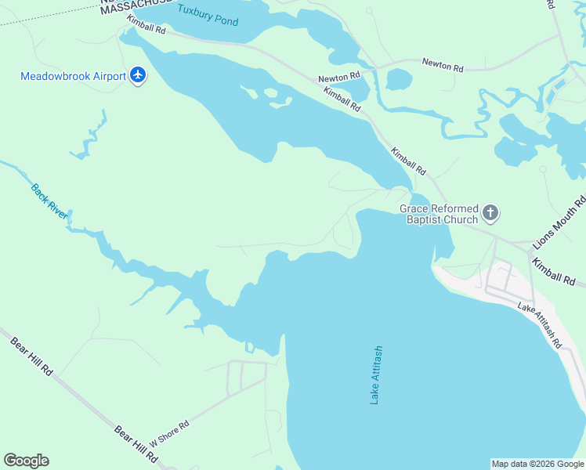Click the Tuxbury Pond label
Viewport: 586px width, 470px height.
[207, 15]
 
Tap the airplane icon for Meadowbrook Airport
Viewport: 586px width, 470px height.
[139, 76]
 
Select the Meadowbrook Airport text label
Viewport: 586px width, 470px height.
[74, 77]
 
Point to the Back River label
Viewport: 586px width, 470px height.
[49, 201]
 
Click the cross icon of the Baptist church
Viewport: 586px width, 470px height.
[490, 212]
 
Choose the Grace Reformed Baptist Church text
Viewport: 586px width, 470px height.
[439, 214]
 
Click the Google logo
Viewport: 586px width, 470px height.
[26, 461]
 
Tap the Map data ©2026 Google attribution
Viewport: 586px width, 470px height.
[537, 464]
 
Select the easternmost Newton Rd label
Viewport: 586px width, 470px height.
[443, 64]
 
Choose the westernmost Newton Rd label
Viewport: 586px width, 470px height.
[338, 77]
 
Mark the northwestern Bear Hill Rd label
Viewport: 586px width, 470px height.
[31, 356]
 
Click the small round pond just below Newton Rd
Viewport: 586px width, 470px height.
[399, 80]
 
